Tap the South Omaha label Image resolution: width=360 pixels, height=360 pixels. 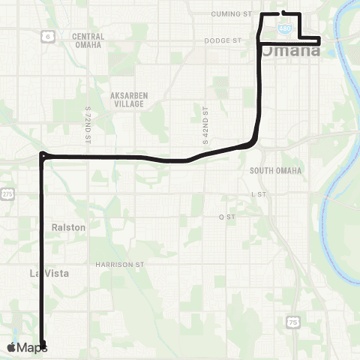276,171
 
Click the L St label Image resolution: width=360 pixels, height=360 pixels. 259,193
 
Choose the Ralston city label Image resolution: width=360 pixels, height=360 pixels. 69,226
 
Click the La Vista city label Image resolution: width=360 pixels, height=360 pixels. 49,274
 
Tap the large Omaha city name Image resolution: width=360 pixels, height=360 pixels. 289,53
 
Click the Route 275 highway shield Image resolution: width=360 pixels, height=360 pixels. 7,193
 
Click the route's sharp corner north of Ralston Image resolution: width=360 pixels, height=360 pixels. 42,155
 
